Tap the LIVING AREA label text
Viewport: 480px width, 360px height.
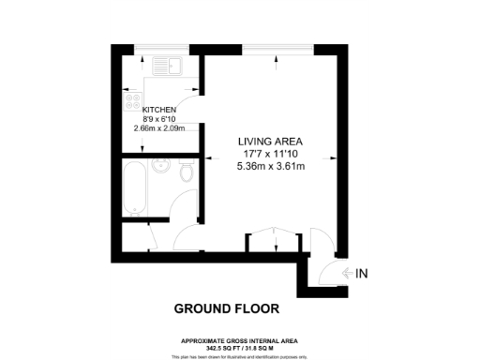click(274, 141)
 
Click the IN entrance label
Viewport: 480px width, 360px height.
click(363, 273)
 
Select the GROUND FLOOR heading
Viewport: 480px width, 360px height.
click(226, 307)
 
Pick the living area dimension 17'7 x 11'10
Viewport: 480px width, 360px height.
click(274, 154)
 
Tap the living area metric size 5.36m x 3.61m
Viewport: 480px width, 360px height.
click(274, 167)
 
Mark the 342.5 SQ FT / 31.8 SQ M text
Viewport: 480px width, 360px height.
click(241, 346)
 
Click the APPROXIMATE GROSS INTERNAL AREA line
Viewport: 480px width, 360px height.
click(241, 339)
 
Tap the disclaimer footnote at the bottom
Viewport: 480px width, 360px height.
click(241, 356)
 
